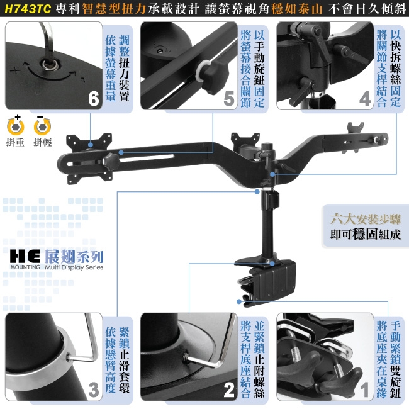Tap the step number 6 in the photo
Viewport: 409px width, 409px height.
tap(93, 99)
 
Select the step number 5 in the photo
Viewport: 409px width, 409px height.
tap(229, 99)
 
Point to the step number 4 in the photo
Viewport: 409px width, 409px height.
tap(365, 99)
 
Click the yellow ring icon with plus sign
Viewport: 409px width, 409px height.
tap(15, 126)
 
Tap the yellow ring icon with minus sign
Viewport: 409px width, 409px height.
tap(42, 126)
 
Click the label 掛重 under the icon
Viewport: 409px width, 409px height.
tap(15, 143)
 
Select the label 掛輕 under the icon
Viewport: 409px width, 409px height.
tap(42, 143)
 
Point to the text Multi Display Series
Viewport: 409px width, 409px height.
tap(74, 267)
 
